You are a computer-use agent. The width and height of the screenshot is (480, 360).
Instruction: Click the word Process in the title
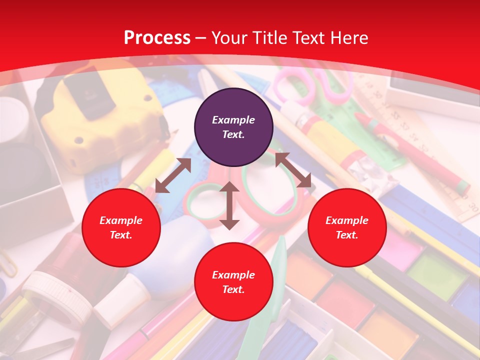click(x=157, y=37)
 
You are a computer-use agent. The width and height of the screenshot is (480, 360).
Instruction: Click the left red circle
click(x=121, y=227)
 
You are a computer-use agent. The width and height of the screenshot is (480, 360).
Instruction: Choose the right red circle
click(x=347, y=227)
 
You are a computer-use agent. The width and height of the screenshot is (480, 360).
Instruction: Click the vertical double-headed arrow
click(x=229, y=205)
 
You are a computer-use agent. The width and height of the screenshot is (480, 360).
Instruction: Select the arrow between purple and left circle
click(x=173, y=175)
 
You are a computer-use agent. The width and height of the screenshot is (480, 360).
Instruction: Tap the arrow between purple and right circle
click(x=293, y=170)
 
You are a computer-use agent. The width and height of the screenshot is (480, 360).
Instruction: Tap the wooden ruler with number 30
click(x=450, y=175)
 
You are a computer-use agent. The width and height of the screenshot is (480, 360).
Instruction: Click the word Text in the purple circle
click(x=233, y=134)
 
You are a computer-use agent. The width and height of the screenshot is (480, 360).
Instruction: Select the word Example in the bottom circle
click(x=233, y=275)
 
